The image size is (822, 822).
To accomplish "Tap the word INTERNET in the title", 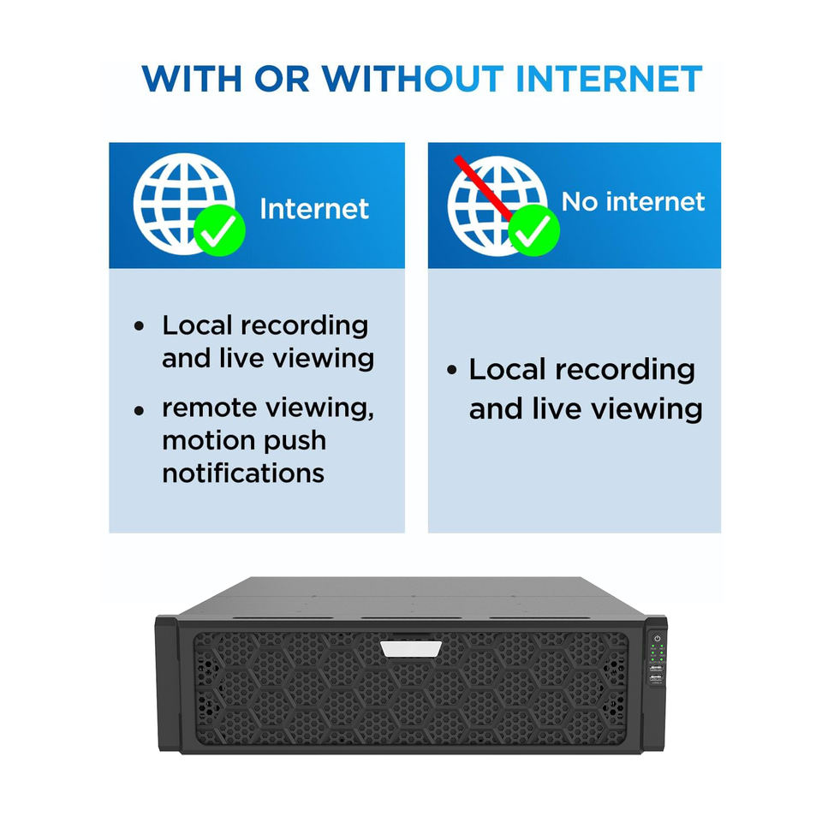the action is [609, 79].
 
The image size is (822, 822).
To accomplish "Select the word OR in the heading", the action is [282, 79].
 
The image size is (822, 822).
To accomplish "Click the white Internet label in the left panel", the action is [314, 209].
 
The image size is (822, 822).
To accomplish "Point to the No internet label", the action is [634, 201].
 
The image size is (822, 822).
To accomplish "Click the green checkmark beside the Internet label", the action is [220, 229].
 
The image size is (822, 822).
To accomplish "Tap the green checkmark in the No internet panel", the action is [533, 229].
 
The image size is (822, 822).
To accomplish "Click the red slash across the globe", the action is [483, 187].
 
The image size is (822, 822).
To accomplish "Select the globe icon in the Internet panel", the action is [183, 204].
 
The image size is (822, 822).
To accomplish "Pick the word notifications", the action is [243, 473].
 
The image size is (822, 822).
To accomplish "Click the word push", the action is [295, 442].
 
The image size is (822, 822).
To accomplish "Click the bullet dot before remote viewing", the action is [139, 410].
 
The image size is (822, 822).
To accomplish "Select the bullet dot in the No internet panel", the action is [452, 370].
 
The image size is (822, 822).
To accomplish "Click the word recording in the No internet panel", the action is [625, 371].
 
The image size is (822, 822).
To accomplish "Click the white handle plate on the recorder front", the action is [412, 649].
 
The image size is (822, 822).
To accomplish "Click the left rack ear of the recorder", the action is [168, 684].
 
